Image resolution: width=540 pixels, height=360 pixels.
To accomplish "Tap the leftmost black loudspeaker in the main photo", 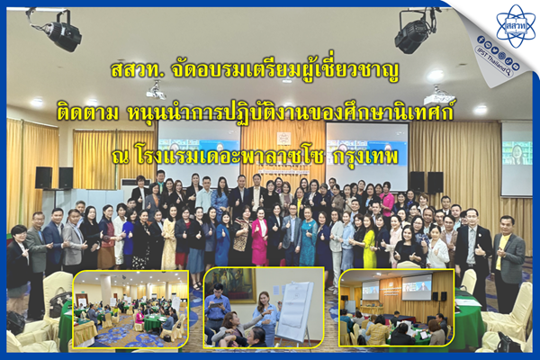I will tap(44, 178).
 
